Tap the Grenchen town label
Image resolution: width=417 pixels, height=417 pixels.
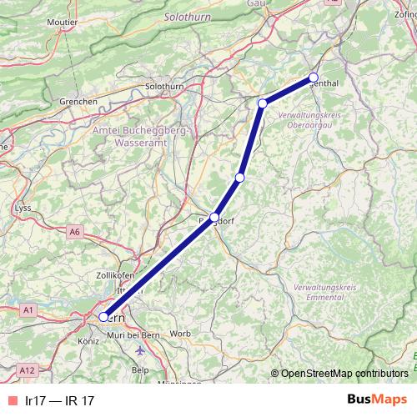coord(78,102)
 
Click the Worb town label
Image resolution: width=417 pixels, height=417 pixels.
coord(179,334)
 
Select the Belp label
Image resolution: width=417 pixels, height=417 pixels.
coord(140,369)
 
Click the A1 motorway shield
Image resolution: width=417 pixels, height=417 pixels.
coord(29,310)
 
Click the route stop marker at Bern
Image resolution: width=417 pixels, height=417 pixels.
coord(103,317)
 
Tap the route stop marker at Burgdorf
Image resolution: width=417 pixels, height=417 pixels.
coord(214,217)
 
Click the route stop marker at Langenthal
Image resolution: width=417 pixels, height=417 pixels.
coord(314,78)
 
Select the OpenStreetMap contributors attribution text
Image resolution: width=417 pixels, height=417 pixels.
coord(344,374)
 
